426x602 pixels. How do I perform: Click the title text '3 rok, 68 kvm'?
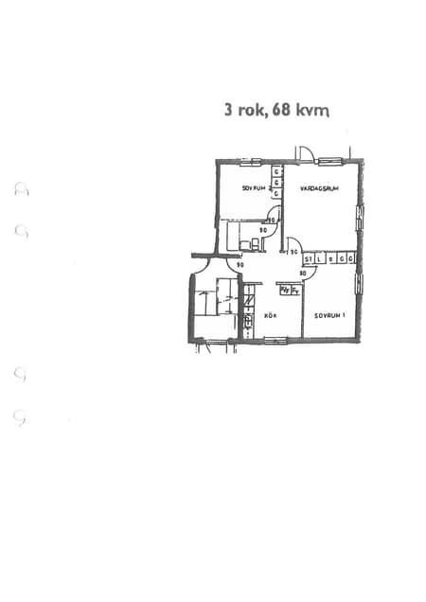(276, 110)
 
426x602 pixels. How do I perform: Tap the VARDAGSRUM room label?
(319, 188)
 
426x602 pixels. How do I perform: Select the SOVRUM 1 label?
(329, 315)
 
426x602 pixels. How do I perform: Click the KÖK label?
(270, 315)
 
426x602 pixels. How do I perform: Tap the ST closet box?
(309, 257)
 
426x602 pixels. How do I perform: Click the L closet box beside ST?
(320, 257)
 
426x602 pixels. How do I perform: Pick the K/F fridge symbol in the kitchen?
(283, 292)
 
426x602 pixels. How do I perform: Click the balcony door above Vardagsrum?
(305, 154)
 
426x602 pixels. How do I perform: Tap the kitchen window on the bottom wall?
(275, 340)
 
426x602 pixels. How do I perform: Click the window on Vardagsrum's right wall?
(359, 219)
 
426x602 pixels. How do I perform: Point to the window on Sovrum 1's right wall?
(359, 284)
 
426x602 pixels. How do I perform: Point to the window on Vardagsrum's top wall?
(330, 161)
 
